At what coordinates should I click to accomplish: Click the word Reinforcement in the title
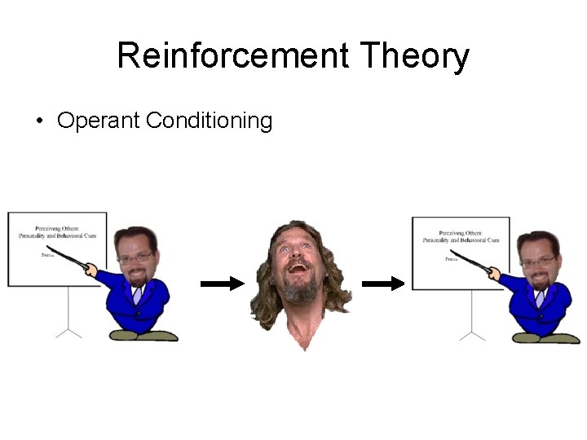pyautogui.click(x=233, y=56)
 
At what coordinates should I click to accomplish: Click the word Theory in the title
pyautogui.click(x=414, y=56)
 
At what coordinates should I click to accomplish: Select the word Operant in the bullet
pyautogui.click(x=99, y=121)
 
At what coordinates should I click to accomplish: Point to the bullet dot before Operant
pyautogui.click(x=38, y=122)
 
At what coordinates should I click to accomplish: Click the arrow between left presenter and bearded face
pyautogui.click(x=222, y=284)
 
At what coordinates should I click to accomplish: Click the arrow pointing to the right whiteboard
pyautogui.click(x=383, y=284)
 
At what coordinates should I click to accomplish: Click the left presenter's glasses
pyautogui.click(x=136, y=258)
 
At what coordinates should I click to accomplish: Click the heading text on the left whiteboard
pyautogui.click(x=56, y=232)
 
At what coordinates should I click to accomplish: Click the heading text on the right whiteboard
pyautogui.click(x=461, y=237)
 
